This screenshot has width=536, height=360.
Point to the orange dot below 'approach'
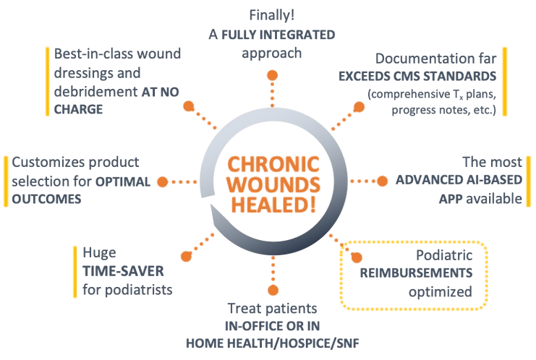point(272,74)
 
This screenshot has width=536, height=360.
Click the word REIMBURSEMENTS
point(417,274)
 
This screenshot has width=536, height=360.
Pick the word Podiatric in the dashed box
point(444,255)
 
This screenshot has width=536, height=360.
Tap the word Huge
point(100,254)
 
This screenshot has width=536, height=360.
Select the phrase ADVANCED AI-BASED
point(457,181)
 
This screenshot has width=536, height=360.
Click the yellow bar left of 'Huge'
point(75,272)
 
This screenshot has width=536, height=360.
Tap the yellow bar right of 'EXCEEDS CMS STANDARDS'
point(504,81)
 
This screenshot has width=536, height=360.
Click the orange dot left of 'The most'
point(383,181)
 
